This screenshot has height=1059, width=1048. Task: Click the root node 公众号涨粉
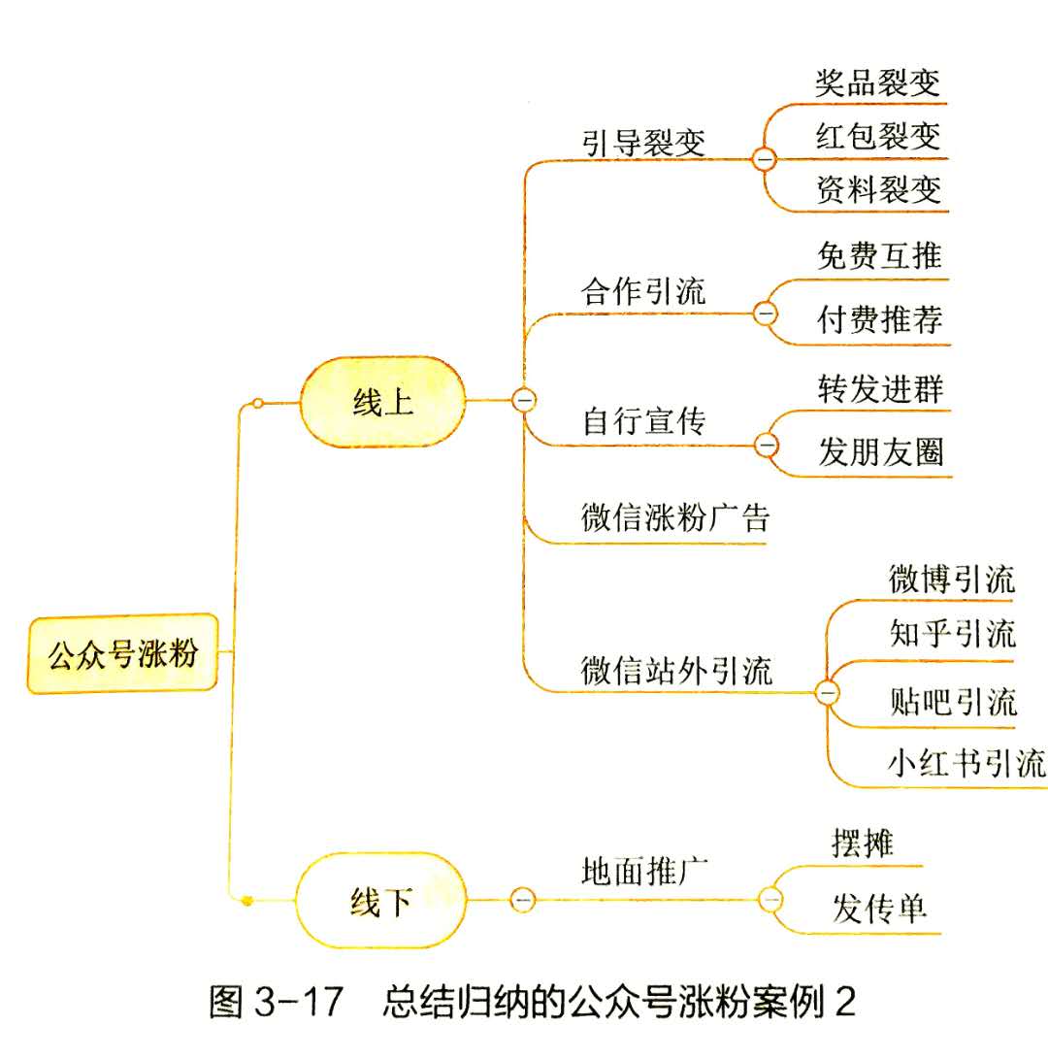[122, 653]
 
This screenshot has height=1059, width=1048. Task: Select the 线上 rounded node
[382, 402]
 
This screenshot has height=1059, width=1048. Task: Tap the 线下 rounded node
[380, 901]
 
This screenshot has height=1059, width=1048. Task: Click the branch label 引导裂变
[644, 143]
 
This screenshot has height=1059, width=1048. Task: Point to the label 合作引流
[644, 292]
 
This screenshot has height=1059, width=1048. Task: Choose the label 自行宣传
[644, 421]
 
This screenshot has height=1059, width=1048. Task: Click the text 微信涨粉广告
[675, 517]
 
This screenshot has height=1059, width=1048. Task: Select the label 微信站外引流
[677, 671]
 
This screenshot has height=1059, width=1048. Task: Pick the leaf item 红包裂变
[879, 135]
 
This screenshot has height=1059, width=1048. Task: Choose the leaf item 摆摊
[863, 843]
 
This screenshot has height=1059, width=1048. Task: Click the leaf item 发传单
[879, 910]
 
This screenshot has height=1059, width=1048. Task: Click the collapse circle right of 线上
[524, 399]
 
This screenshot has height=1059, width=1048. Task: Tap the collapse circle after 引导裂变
[765, 157]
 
